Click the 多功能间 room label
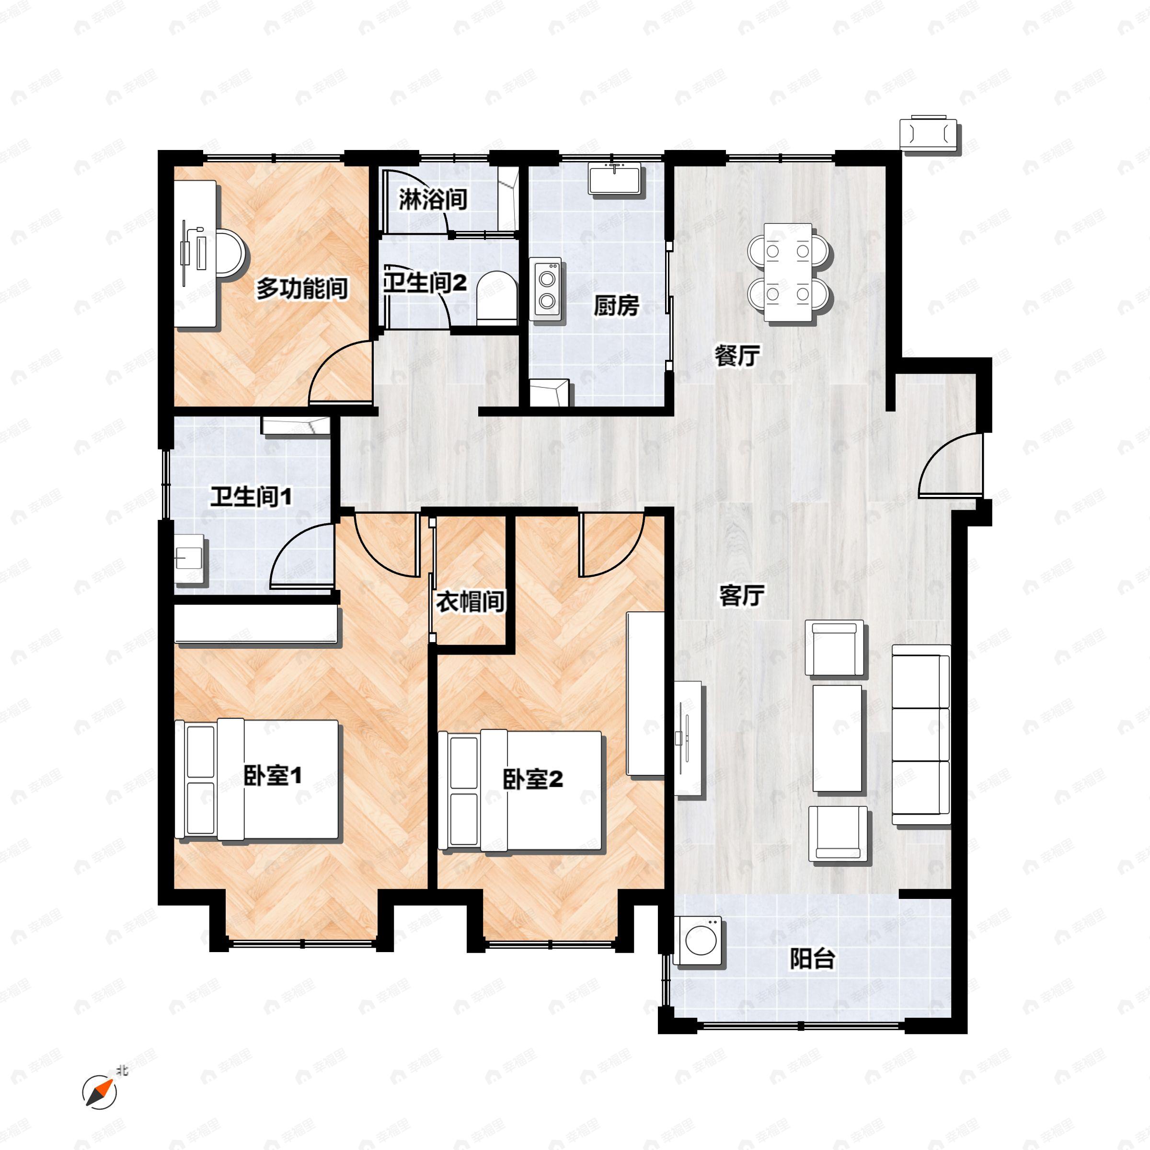(x=302, y=289)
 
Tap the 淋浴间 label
(x=432, y=199)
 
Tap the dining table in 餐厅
(x=788, y=273)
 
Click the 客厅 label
(x=742, y=595)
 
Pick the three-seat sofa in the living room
(x=920, y=735)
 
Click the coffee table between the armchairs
(x=837, y=738)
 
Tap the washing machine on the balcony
(x=698, y=941)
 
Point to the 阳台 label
(x=813, y=959)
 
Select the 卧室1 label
(x=273, y=776)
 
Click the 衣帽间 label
(x=470, y=602)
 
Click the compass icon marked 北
(x=99, y=1092)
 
